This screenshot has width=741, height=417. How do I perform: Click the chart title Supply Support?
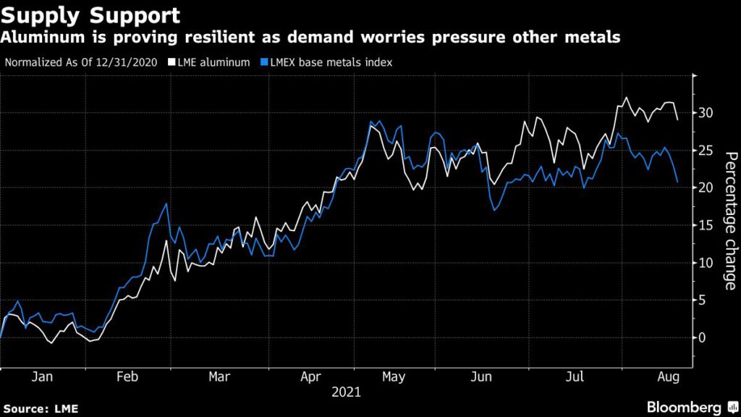[x=91, y=14]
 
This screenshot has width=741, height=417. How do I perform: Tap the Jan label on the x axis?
[x=43, y=377]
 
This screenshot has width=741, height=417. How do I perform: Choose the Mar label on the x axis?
[x=219, y=377]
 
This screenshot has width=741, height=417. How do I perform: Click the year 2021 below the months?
[x=346, y=392]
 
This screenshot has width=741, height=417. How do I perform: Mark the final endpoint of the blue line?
[x=677, y=182]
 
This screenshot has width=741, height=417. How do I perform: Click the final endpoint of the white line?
[x=677, y=119]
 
